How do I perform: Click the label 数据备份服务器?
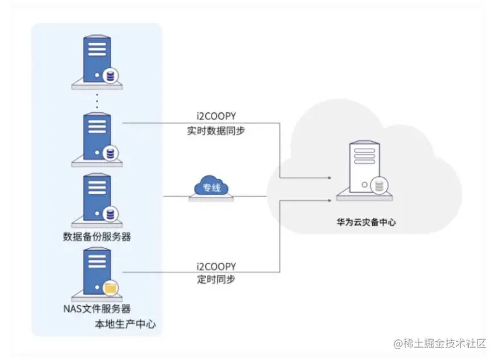point(97,236)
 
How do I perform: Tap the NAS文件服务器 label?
point(97,309)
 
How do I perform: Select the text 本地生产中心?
point(125,324)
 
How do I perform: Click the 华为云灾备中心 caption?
point(366,223)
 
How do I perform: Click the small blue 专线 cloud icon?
point(211,187)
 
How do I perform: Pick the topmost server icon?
point(97,60)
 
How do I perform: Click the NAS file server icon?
point(97,273)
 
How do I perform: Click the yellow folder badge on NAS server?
point(110,287)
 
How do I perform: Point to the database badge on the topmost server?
point(111,77)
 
